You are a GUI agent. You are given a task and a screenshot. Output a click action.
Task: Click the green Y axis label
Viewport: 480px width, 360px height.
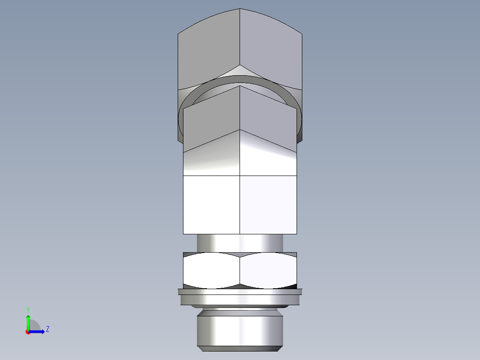pyautogui.click(x=28, y=309)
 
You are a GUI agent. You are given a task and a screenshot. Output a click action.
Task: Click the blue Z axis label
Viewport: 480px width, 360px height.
pyautogui.click(x=47, y=329)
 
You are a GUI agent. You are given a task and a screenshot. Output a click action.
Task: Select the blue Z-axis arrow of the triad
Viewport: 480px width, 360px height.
pyautogui.click(x=38, y=331)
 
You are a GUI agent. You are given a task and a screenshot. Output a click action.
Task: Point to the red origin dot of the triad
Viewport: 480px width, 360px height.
pyautogui.click(x=28, y=331)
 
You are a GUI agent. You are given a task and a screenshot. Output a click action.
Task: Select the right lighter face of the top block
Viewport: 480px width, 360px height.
pyautogui.click(x=272, y=49)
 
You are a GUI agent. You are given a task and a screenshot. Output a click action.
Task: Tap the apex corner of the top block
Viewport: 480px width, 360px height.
pyautogui.click(x=240, y=9)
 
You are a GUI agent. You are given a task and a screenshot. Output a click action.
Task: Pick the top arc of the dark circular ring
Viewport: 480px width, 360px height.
pyautogui.click(x=240, y=79)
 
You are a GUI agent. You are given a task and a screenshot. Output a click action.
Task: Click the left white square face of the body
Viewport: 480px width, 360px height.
pyautogui.click(x=212, y=204)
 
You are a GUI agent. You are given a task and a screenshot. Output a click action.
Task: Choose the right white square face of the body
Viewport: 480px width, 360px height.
pyautogui.click(x=268, y=204)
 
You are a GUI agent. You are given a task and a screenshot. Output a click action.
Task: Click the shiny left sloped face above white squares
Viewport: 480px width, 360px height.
pyautogui.click(x=212, y=158)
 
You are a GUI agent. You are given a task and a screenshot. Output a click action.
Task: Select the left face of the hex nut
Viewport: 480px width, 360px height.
pyautogui.click(x=212, y=270)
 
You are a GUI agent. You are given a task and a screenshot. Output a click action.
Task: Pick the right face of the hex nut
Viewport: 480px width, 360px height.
pyautogui.click(x=268, y=270)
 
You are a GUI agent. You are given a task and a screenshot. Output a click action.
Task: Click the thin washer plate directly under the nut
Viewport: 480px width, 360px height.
pyautogui.click(x=240, y=292)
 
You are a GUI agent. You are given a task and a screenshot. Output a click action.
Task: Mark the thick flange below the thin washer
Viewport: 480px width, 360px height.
pyautogui.click(x=240, y=300)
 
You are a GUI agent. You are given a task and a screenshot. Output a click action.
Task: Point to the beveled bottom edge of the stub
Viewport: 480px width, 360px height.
pyautogui.click(x=240, y=348)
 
